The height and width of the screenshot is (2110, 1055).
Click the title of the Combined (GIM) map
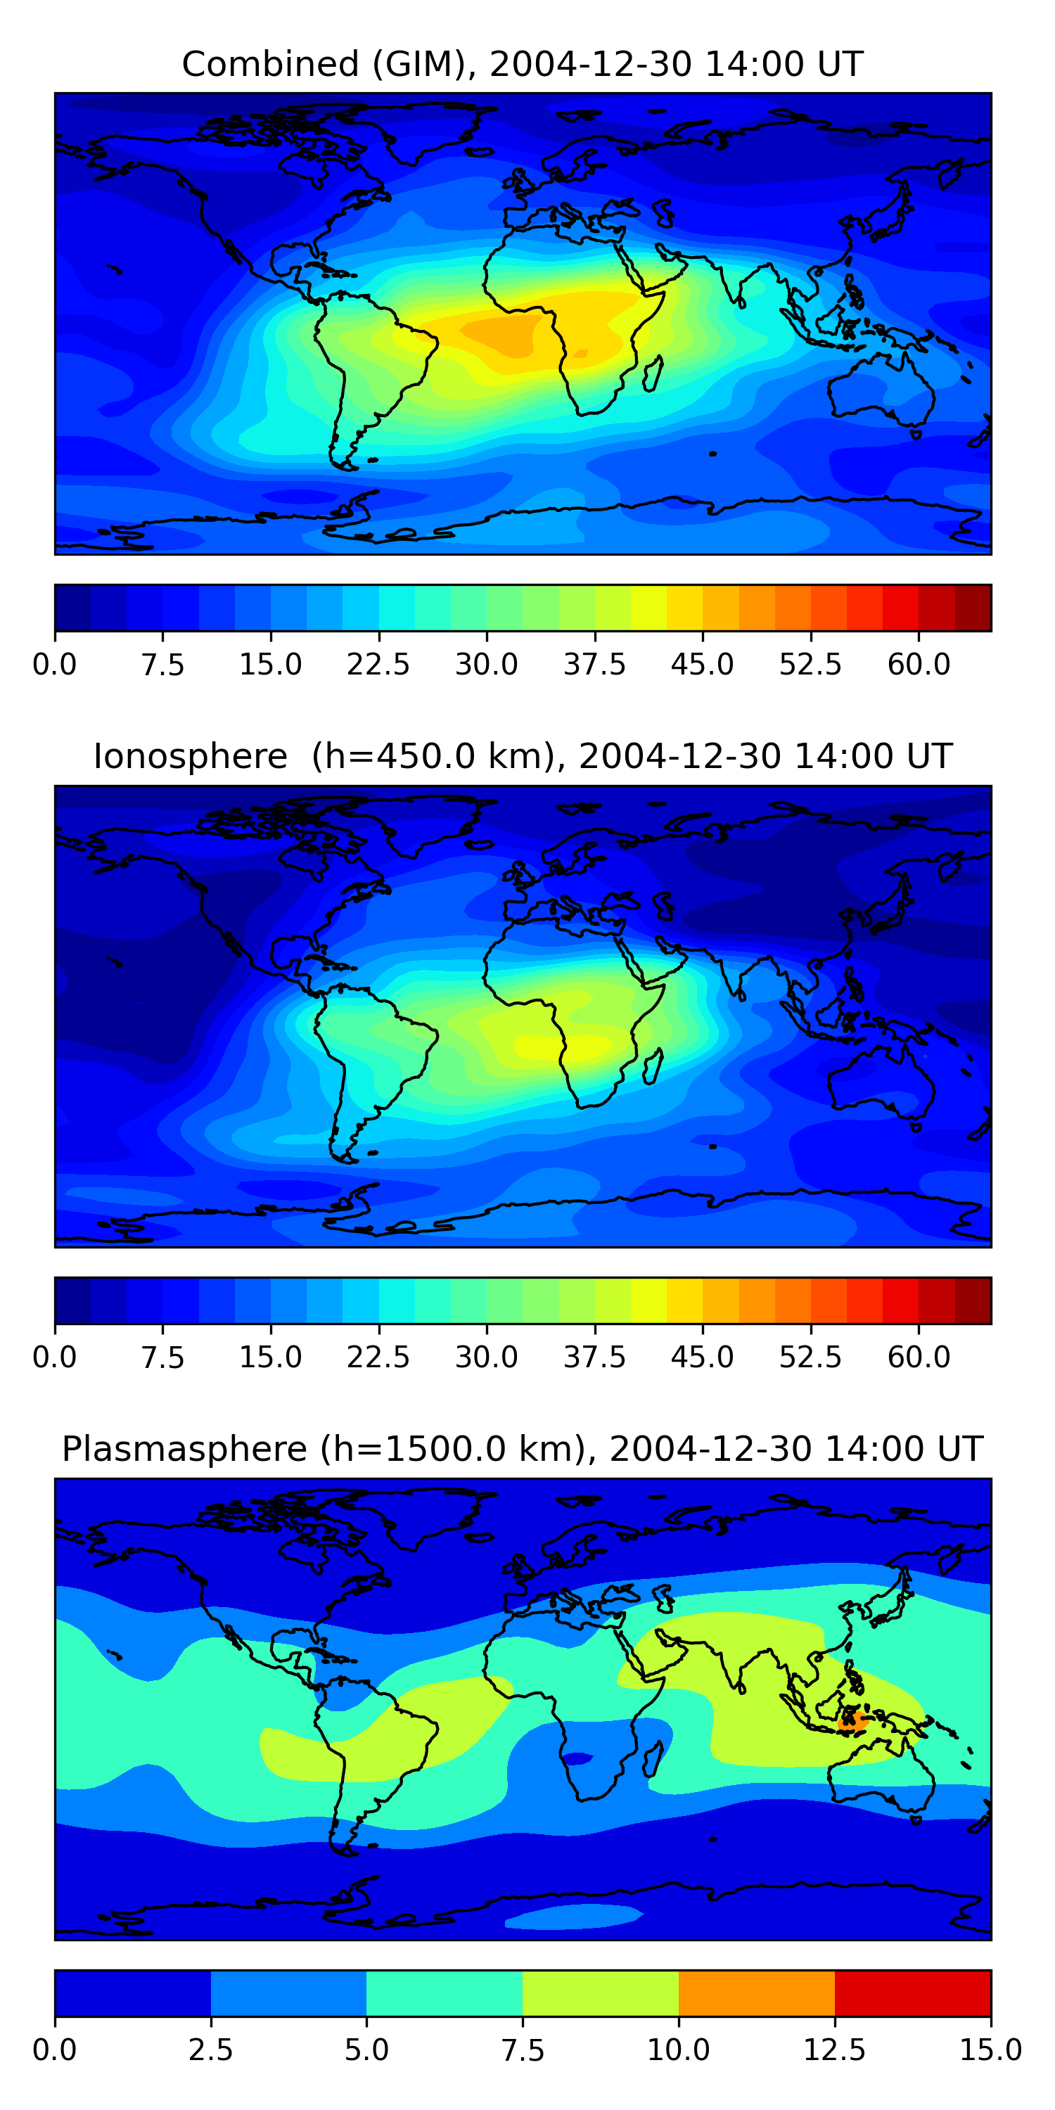(x=523, y=64)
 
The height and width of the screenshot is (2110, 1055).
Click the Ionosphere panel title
(x=523, y=756)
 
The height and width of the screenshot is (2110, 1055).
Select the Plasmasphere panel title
(x=523, y=1449)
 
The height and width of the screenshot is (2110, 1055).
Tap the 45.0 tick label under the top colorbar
(x=702, y=664)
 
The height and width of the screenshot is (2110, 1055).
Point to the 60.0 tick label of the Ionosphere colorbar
(x=919, y=1357)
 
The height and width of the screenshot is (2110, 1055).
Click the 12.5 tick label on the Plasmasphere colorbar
(x=835, y=2050)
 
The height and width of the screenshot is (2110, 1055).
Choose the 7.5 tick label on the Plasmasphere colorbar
(x=523, y=2050)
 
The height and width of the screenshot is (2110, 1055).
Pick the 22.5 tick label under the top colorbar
(x=378, y=664)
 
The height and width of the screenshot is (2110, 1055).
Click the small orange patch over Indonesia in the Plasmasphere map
(x=852, y=1721)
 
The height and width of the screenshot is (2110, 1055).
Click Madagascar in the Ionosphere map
(x=653, y=1066)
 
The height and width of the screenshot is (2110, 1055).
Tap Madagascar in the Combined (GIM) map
(x=653, y=373)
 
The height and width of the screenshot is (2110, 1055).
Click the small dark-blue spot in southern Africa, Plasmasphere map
(x=577, y=1758)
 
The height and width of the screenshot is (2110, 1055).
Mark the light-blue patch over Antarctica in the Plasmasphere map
(x=573, y=1916)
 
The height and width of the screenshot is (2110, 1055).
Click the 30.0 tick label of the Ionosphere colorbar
(x=487, y=1357)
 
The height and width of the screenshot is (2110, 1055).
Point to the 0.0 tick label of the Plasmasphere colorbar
(x=55, y=2050)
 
